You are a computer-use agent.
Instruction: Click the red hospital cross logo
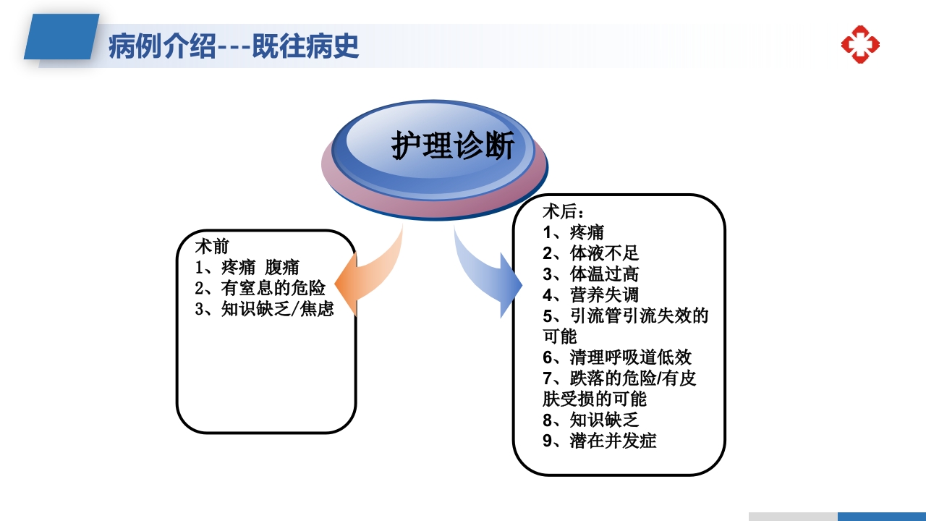pos(860,45)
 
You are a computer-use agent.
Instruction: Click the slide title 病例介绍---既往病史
pos(233,46)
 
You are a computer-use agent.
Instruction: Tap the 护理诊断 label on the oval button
pos(453,146)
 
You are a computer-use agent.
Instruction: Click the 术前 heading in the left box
pos(213,246)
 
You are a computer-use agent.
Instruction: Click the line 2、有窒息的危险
pos(260,288)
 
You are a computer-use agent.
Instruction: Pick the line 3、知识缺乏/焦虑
pos(265,310)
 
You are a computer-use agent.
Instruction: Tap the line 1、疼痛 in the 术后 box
pos(573,232)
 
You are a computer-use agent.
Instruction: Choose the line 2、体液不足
pos(590,253)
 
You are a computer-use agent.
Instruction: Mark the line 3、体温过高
pos(590,274)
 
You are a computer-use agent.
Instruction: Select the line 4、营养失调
pos(590,295)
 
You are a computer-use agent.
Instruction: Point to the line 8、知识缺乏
pos(590,420)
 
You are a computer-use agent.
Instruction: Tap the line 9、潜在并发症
pos(600,441)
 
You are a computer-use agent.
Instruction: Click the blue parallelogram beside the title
pos(61,37)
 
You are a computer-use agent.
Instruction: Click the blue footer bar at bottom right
pos(881,516)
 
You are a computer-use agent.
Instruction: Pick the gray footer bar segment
pos(793,516)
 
